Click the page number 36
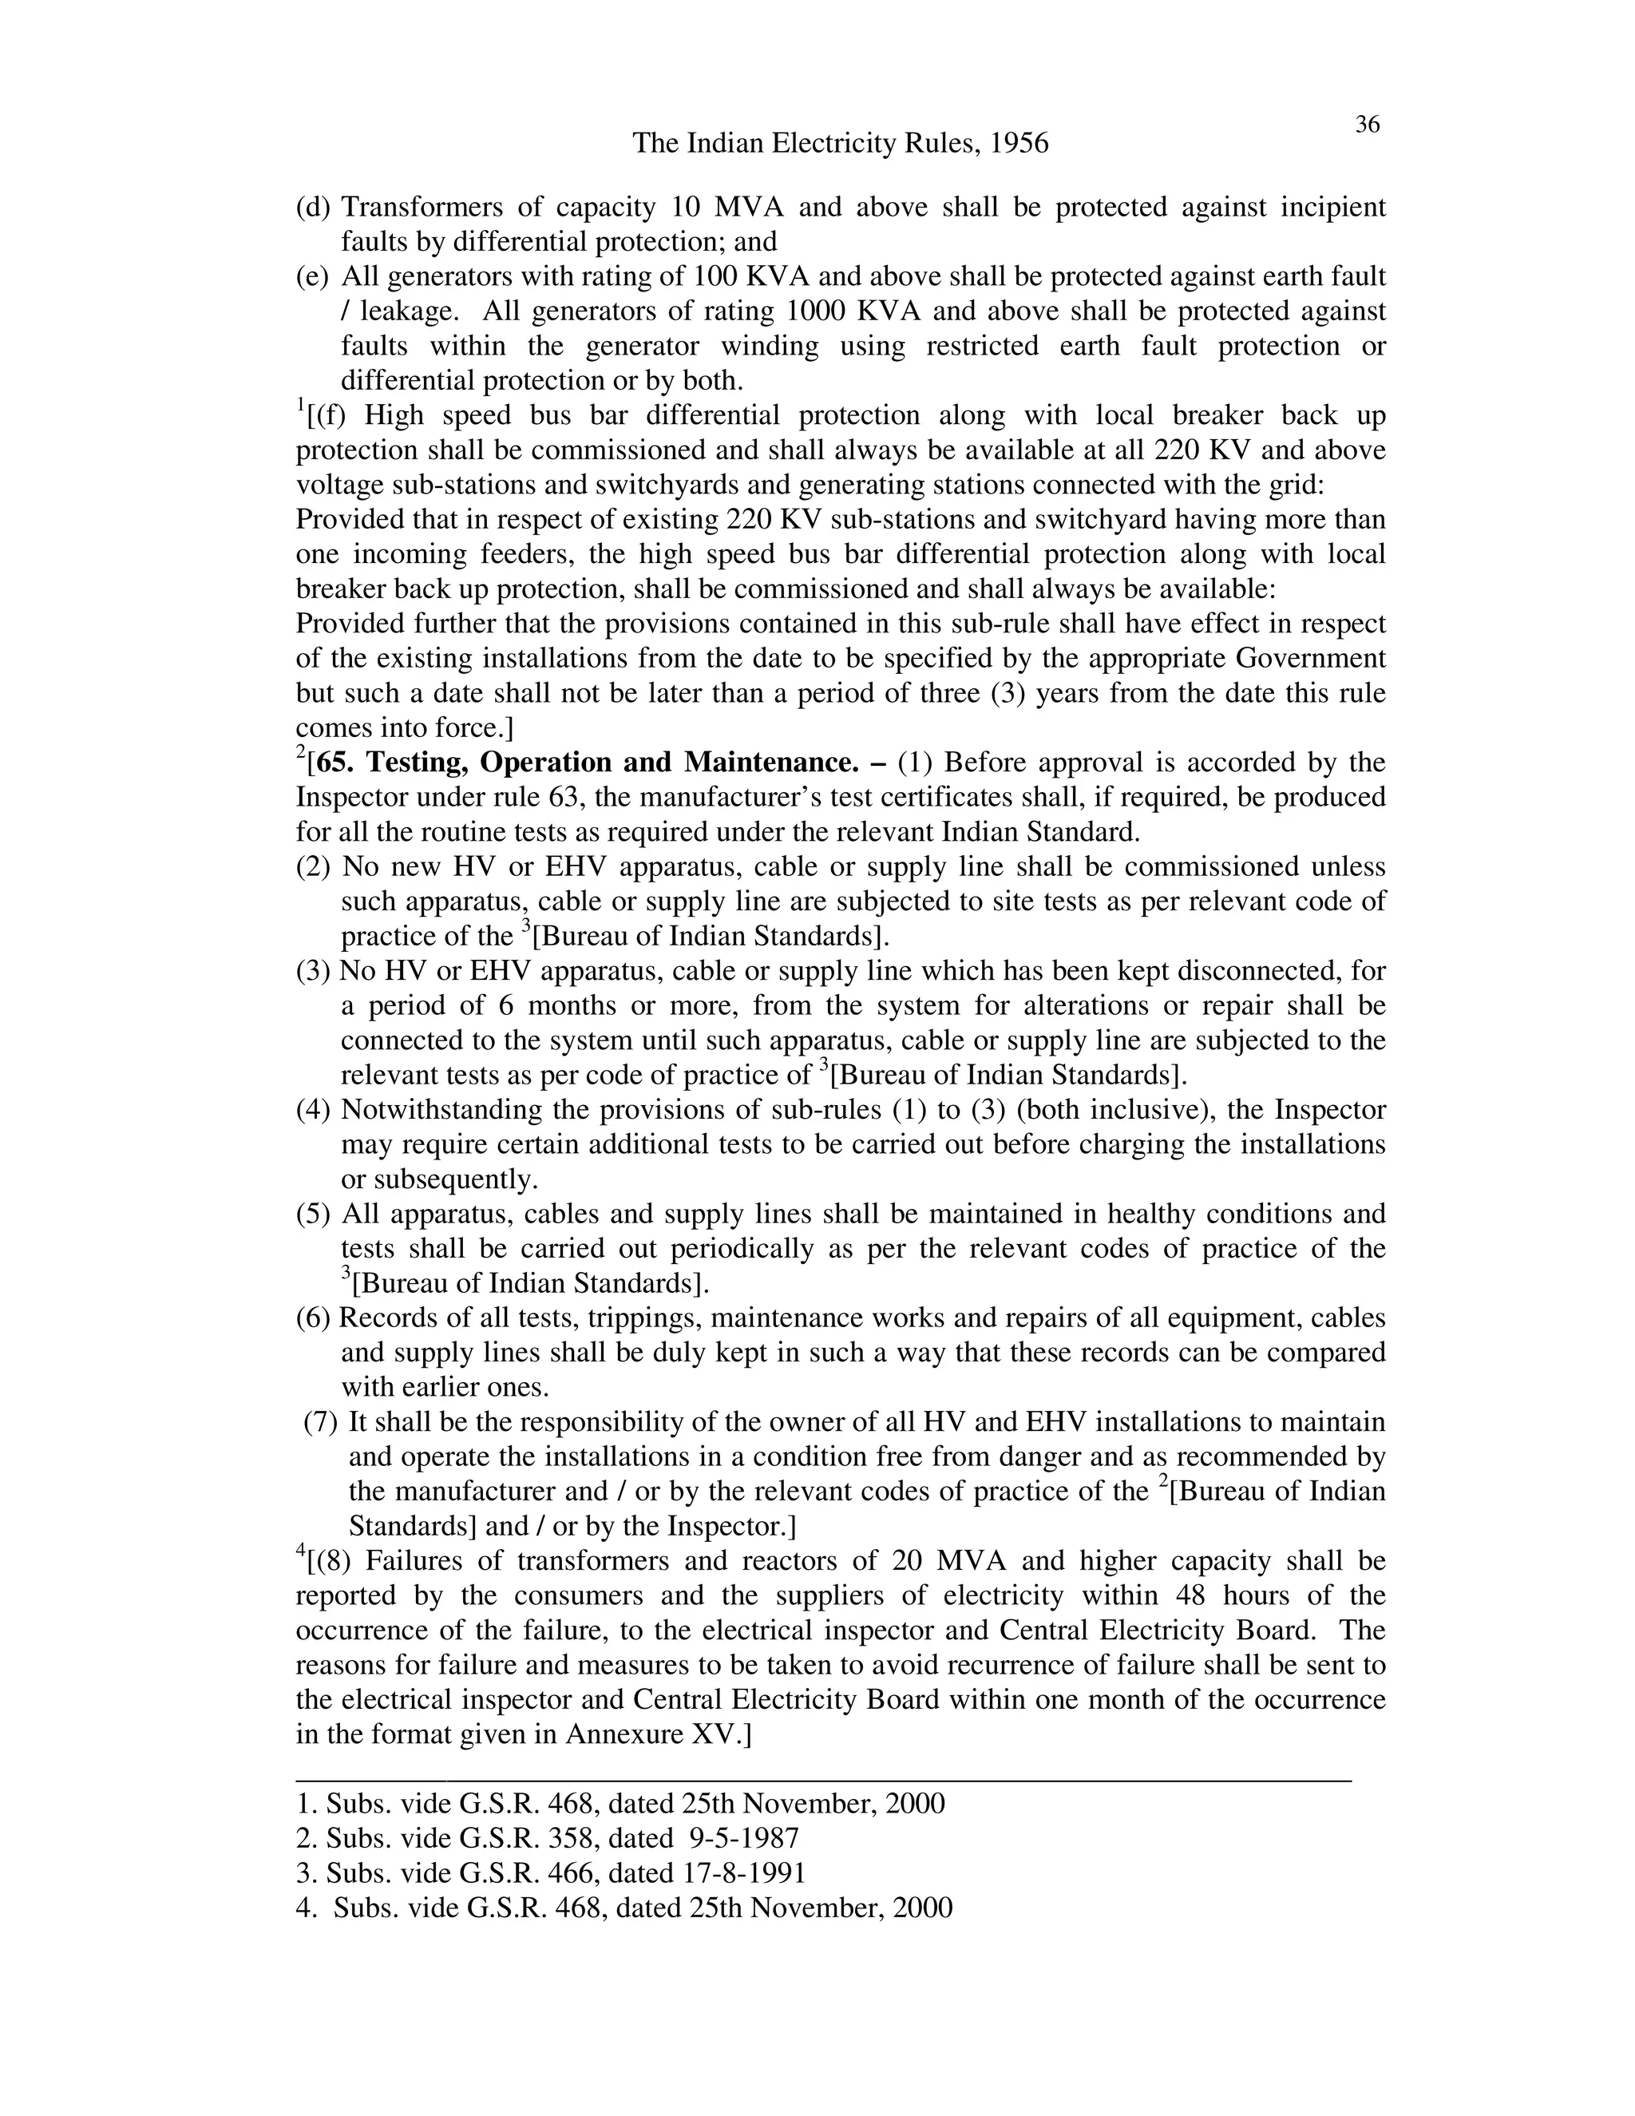(x=1367, y=124)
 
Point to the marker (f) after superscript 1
(x=326, y=416)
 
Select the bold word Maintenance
(x=771, y=763)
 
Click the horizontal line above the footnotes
(x=823, y=1780)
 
